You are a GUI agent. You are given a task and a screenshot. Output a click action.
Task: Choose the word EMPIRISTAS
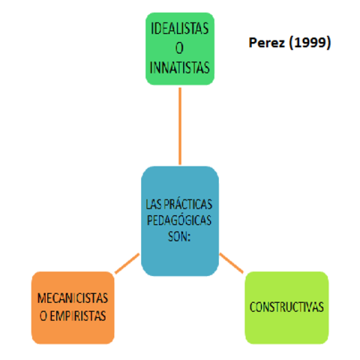pos(79,315)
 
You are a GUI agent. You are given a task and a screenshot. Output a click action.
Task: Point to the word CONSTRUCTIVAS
pos(286,307)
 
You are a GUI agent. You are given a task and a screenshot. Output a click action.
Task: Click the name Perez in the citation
pos(265,43)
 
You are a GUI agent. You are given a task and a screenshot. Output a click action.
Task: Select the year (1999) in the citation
pos(307,43)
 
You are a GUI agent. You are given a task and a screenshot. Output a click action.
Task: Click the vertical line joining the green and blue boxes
pos(180,124)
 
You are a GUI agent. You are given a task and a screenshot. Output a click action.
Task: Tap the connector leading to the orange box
pos(127,263)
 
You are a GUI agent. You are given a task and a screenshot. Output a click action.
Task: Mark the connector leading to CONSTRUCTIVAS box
pos(232,263)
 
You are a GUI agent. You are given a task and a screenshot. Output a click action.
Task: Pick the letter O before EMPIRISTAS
pos(43,315)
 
